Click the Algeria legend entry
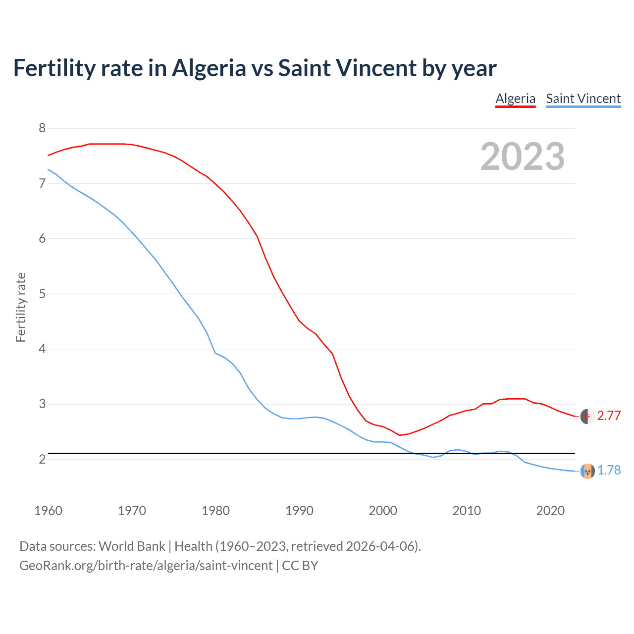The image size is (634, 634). tap(515, 99)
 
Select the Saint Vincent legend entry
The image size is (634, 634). tap(583, 99)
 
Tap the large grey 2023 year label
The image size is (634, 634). tap(523, 157)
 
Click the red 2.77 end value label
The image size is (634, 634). tap(609, 416)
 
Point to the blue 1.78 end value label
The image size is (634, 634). tap(609, 471)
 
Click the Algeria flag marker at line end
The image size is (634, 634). tap(587, 417)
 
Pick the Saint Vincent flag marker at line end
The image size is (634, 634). tap(587, 471)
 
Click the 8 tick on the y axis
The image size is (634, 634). tap(42, 128)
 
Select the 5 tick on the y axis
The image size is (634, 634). tap(42, 294)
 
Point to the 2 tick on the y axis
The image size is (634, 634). tap(42, 459)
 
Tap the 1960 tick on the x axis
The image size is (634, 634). tap(48, 511)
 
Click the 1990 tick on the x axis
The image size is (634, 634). tap(299, 511)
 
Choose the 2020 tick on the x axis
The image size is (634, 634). tap(550, 511)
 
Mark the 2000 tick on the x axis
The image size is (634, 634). tap(383, 511)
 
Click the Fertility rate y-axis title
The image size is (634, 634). tap(21, 307)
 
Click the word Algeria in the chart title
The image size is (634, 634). tap(209, 68)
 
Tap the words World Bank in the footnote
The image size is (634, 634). tap(132, 546)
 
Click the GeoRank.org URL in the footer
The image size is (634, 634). tap(146, 566)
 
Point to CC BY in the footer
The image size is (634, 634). tap(300, 566)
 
